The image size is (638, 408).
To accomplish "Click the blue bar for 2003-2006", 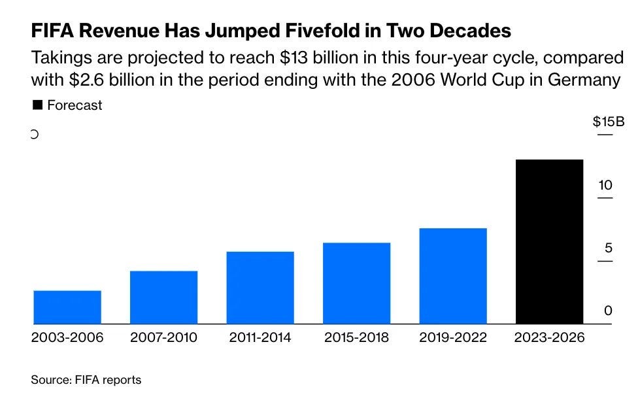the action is pyautogui.click(x=67, y=307).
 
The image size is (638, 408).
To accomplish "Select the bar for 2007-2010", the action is pyautogui.click(x=163, y=297).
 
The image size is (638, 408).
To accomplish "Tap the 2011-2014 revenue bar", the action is pyautogui.click(x=260, y=288).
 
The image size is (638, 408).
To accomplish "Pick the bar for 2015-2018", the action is pyautogui.click(x=356, y=283).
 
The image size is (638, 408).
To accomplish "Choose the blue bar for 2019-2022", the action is pyautogui.click(x=453, y=276).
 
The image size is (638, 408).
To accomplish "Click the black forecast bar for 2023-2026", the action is pyautogui.click(x=549, y=242).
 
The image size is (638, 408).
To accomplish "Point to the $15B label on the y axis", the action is pyautogui.click(x=609, y=122).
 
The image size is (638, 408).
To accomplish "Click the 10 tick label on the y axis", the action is pyautogui.click(x=605, y=185).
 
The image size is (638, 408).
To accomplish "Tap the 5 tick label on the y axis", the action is pyautogui.click(x=609, y=248).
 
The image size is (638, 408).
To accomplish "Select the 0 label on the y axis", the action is pyautogui.click(x=608, y=311).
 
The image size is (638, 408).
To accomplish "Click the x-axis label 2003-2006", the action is pyautogui.click(x=67, y=337).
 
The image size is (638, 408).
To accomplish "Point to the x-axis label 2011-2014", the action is pyautogui.click(x=260, y=337).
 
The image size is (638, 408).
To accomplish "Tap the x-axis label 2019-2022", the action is pyautogui.click(x=453, y=337).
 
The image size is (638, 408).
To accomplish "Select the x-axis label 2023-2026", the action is pyautogui.click(x=549, y=337).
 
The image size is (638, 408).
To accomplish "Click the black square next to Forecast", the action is pyautogui.click(x=37, y=105).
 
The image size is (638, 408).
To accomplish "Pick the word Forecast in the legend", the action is pyautogui.click(x=75, y=105).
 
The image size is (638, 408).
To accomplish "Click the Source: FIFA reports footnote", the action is pyautogui.click(x=86, y=380).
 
